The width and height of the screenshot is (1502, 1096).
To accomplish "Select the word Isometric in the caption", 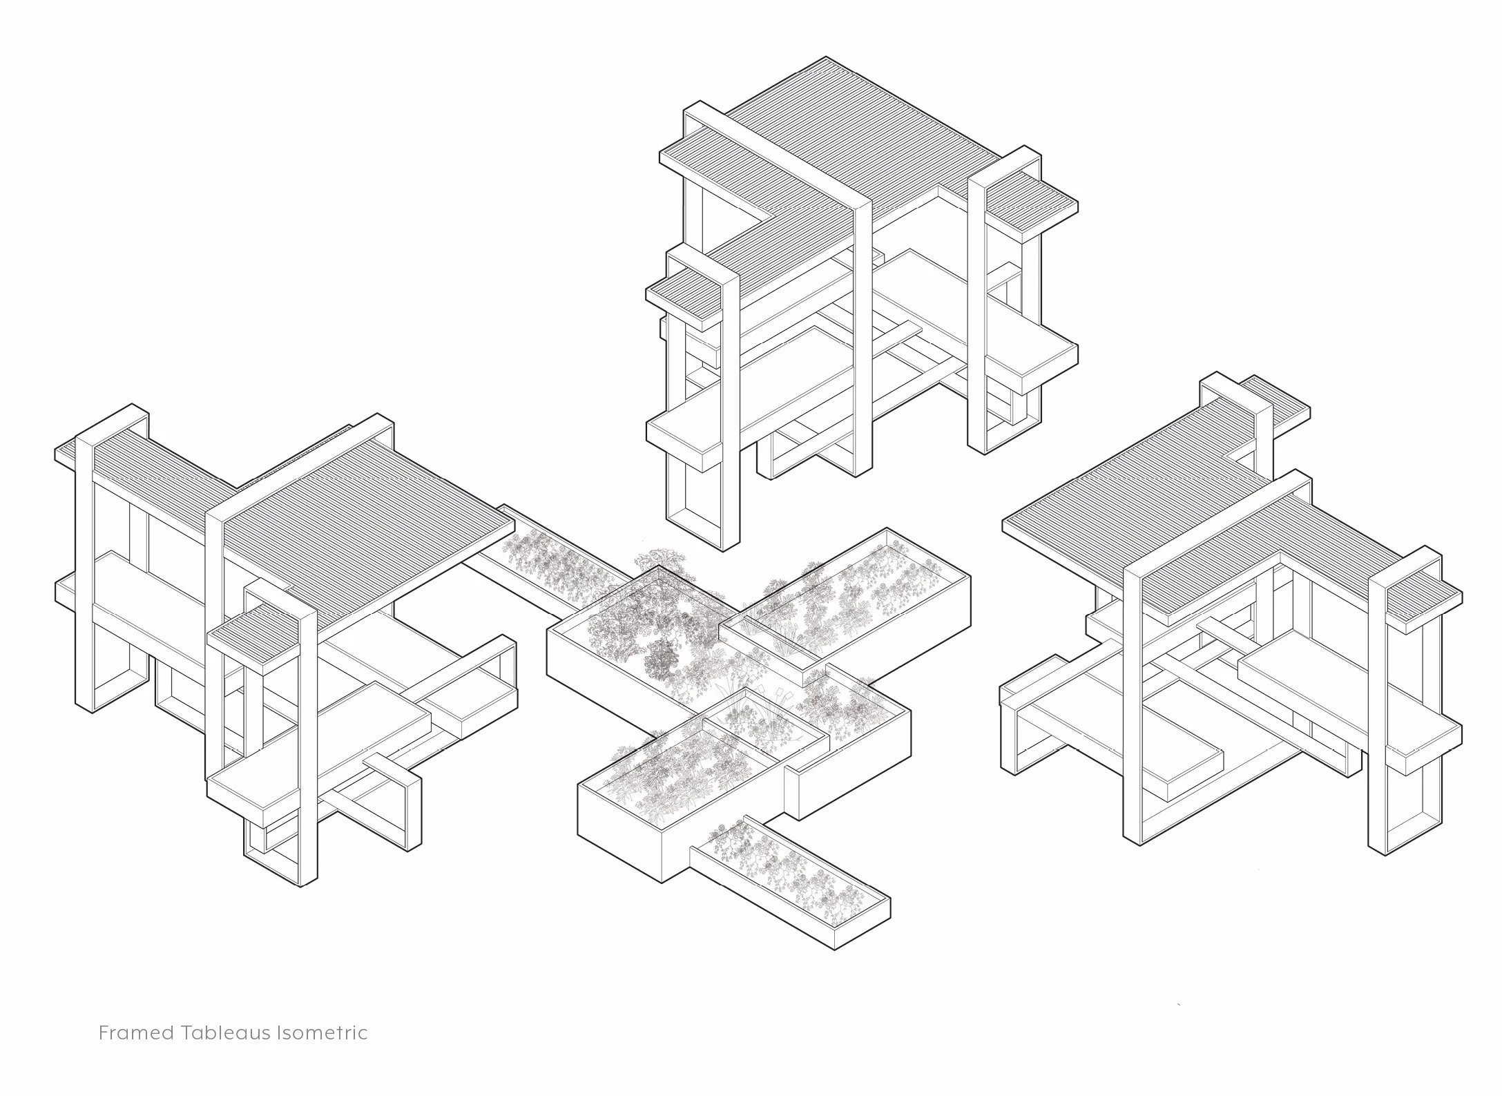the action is (x=322, y=1033).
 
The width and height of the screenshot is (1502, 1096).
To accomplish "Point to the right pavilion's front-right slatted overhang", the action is (x=1423, y=608).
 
